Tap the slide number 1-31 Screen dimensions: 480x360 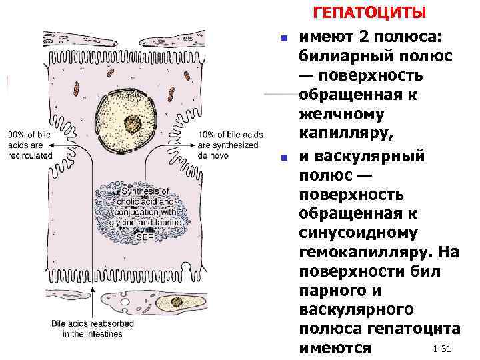[443, 349]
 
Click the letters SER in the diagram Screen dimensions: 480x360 [145, 235]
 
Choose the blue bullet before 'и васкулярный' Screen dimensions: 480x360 [282, 159]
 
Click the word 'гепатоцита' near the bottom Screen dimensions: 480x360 [419, 329]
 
